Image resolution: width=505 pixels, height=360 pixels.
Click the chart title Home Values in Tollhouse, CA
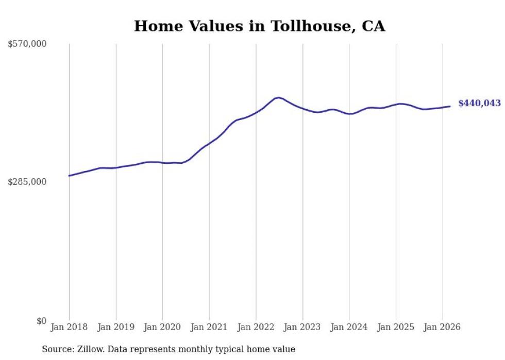(259, 26)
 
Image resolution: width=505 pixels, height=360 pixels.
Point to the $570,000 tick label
(27, 44)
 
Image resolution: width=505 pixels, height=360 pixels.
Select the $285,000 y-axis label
(27, 182)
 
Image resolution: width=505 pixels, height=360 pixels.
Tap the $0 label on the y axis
(41, 321)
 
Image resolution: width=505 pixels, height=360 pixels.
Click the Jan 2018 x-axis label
(69, 328)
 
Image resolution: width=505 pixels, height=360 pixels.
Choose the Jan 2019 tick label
(116, 328)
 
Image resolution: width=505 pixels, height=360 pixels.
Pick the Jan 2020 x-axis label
(162, 328)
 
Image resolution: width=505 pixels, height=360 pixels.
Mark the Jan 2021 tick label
(209, 328)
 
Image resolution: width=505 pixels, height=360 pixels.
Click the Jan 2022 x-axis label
(256, 328)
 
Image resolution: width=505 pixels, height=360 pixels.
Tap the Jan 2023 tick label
(302, 328)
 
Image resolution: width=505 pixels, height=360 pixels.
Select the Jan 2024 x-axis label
(349, 328)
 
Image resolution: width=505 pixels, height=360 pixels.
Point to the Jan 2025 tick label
(396, 328)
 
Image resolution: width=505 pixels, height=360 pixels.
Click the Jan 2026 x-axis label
(442, 328)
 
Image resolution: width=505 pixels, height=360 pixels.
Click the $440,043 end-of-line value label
(479, 104)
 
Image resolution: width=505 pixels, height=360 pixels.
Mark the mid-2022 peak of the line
(278, 97)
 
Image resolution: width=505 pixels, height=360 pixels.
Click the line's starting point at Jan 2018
(69, 176)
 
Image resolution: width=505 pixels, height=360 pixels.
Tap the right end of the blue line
(450, 107)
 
